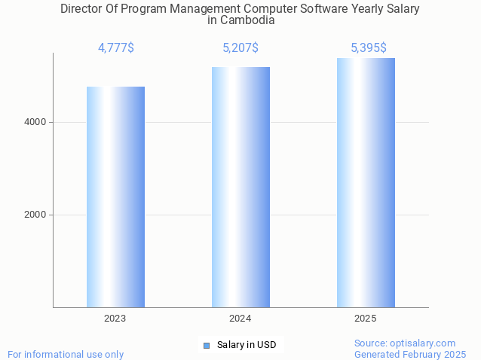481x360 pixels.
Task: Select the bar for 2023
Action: click(115, 197)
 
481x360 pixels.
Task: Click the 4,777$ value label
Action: click(115, 48)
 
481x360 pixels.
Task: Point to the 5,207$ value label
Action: click(240, 48)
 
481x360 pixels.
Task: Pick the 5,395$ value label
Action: click(369, 48)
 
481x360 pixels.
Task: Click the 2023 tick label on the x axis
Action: click(115, 319)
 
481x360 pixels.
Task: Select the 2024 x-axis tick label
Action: click(240, 319)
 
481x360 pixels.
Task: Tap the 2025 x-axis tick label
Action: click(366, 319)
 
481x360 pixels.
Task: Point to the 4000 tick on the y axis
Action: click(36, 122)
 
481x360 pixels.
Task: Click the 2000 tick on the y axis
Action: click(36, 215)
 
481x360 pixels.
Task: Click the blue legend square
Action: click(207, 345)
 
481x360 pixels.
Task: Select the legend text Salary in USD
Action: click(247, 345)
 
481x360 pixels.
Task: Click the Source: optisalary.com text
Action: click(405, 343)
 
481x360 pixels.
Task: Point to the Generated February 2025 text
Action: click(410, 354)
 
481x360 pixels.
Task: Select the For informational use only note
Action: click(66, 354)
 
